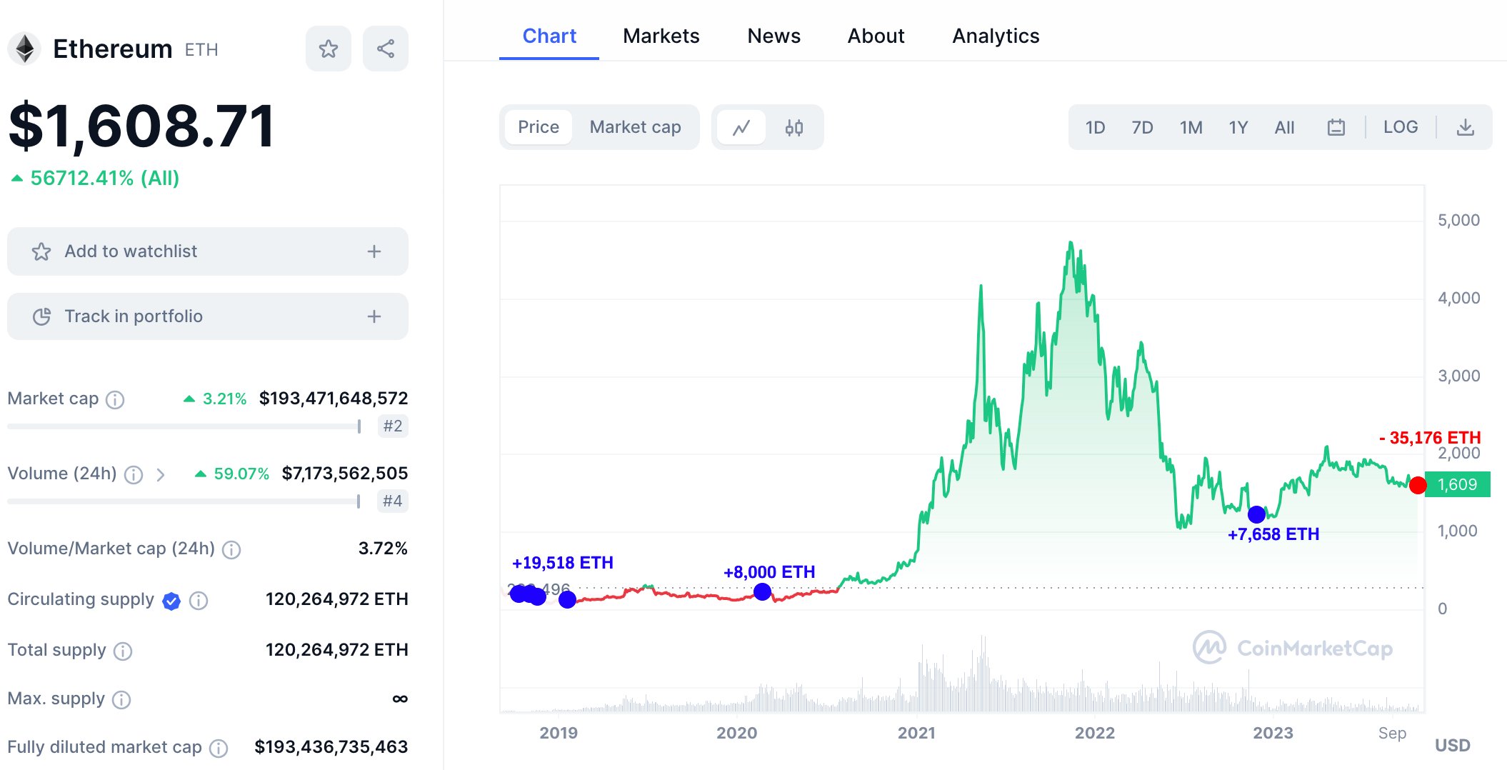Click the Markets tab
(661, 36)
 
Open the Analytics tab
(996, 36)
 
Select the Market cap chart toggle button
(635, 127)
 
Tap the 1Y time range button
(1238, 127)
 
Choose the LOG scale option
(1400, 127)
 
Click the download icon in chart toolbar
(1465, 127)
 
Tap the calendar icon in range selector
(1336, 127)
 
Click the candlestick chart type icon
(793, 127)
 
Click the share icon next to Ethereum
(386, 49)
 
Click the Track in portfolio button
(207, 316)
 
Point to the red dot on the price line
(1418, 486)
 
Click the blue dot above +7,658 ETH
(1256, 514)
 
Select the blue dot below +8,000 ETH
(762, 591)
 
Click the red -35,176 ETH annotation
(1430, 438)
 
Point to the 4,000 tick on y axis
(1458, 298)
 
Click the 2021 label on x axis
(916, 733)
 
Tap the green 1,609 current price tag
(1457, 484)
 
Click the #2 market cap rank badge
(392, 426)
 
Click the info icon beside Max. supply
(121, 699)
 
